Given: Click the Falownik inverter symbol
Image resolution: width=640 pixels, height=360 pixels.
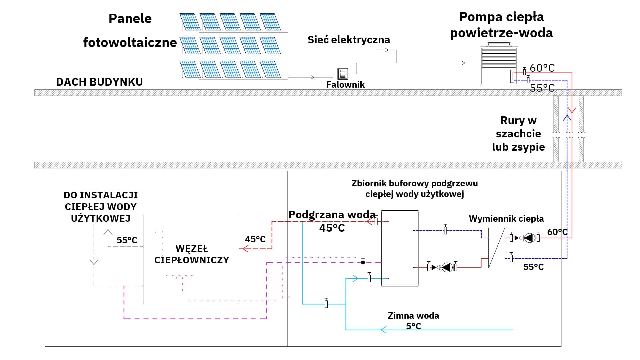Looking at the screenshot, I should coord(342,74).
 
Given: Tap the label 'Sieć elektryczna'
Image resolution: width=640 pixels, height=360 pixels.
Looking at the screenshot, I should coord(349,40).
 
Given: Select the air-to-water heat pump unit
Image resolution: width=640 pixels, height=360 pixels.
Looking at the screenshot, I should coord(499,66).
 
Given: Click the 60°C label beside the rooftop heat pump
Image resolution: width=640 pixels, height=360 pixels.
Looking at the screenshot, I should coord(542,68).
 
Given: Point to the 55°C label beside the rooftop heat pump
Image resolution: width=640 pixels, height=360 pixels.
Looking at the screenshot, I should coord(542,88).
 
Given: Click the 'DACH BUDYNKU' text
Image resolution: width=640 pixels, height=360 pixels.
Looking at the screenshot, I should coord(99,82).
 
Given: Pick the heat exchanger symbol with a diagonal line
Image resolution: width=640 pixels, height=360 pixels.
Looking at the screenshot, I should coord(496,248).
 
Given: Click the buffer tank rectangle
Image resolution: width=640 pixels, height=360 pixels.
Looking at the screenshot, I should coord(400,248).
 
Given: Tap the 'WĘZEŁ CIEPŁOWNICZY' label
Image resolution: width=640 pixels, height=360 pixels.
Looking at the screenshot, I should coord(192,254).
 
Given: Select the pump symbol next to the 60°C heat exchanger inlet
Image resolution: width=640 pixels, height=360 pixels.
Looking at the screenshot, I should coord(529,238).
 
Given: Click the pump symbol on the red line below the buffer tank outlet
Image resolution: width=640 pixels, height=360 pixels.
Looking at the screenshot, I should coord(447,267).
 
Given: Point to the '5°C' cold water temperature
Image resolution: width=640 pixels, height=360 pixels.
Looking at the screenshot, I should coord(413,326).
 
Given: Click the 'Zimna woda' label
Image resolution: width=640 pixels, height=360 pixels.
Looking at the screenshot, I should coord(413,316).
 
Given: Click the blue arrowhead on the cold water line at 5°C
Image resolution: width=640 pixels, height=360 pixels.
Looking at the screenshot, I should coord(384,330).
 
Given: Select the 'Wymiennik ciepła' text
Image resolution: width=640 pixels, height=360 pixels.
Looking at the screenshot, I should coord(506,219).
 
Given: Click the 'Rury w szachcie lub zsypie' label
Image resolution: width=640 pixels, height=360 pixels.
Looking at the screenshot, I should coord(518,134).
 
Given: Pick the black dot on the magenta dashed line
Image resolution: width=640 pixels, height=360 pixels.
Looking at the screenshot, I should coord(363,262).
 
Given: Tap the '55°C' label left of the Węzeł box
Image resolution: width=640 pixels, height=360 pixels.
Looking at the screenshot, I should coord(127,240).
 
